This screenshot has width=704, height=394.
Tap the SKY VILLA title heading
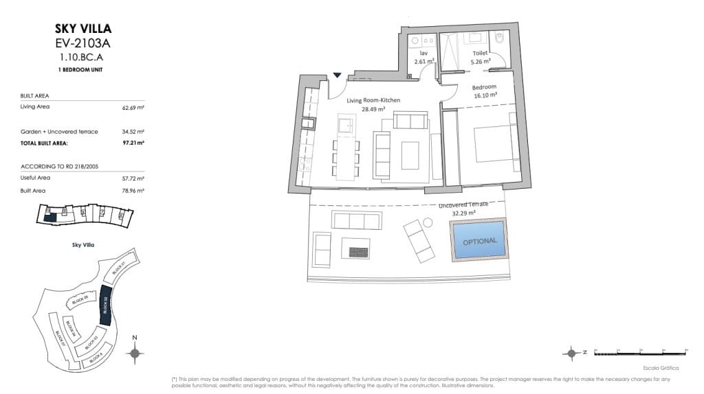[82, 29]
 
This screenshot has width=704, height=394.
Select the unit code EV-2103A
[82, 44]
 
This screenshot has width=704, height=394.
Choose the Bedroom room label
[483, 88]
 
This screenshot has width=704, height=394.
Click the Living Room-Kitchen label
[373, 101]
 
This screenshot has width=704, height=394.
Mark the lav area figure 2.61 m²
[423, 62]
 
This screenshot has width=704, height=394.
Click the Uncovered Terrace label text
[463, 205]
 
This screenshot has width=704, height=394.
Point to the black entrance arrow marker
[338, 76]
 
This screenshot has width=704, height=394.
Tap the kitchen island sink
[344, 126]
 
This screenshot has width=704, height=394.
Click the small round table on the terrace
[427, 222]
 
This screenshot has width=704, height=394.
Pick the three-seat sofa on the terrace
[356, 220]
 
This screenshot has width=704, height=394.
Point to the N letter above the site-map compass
[135, 337]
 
